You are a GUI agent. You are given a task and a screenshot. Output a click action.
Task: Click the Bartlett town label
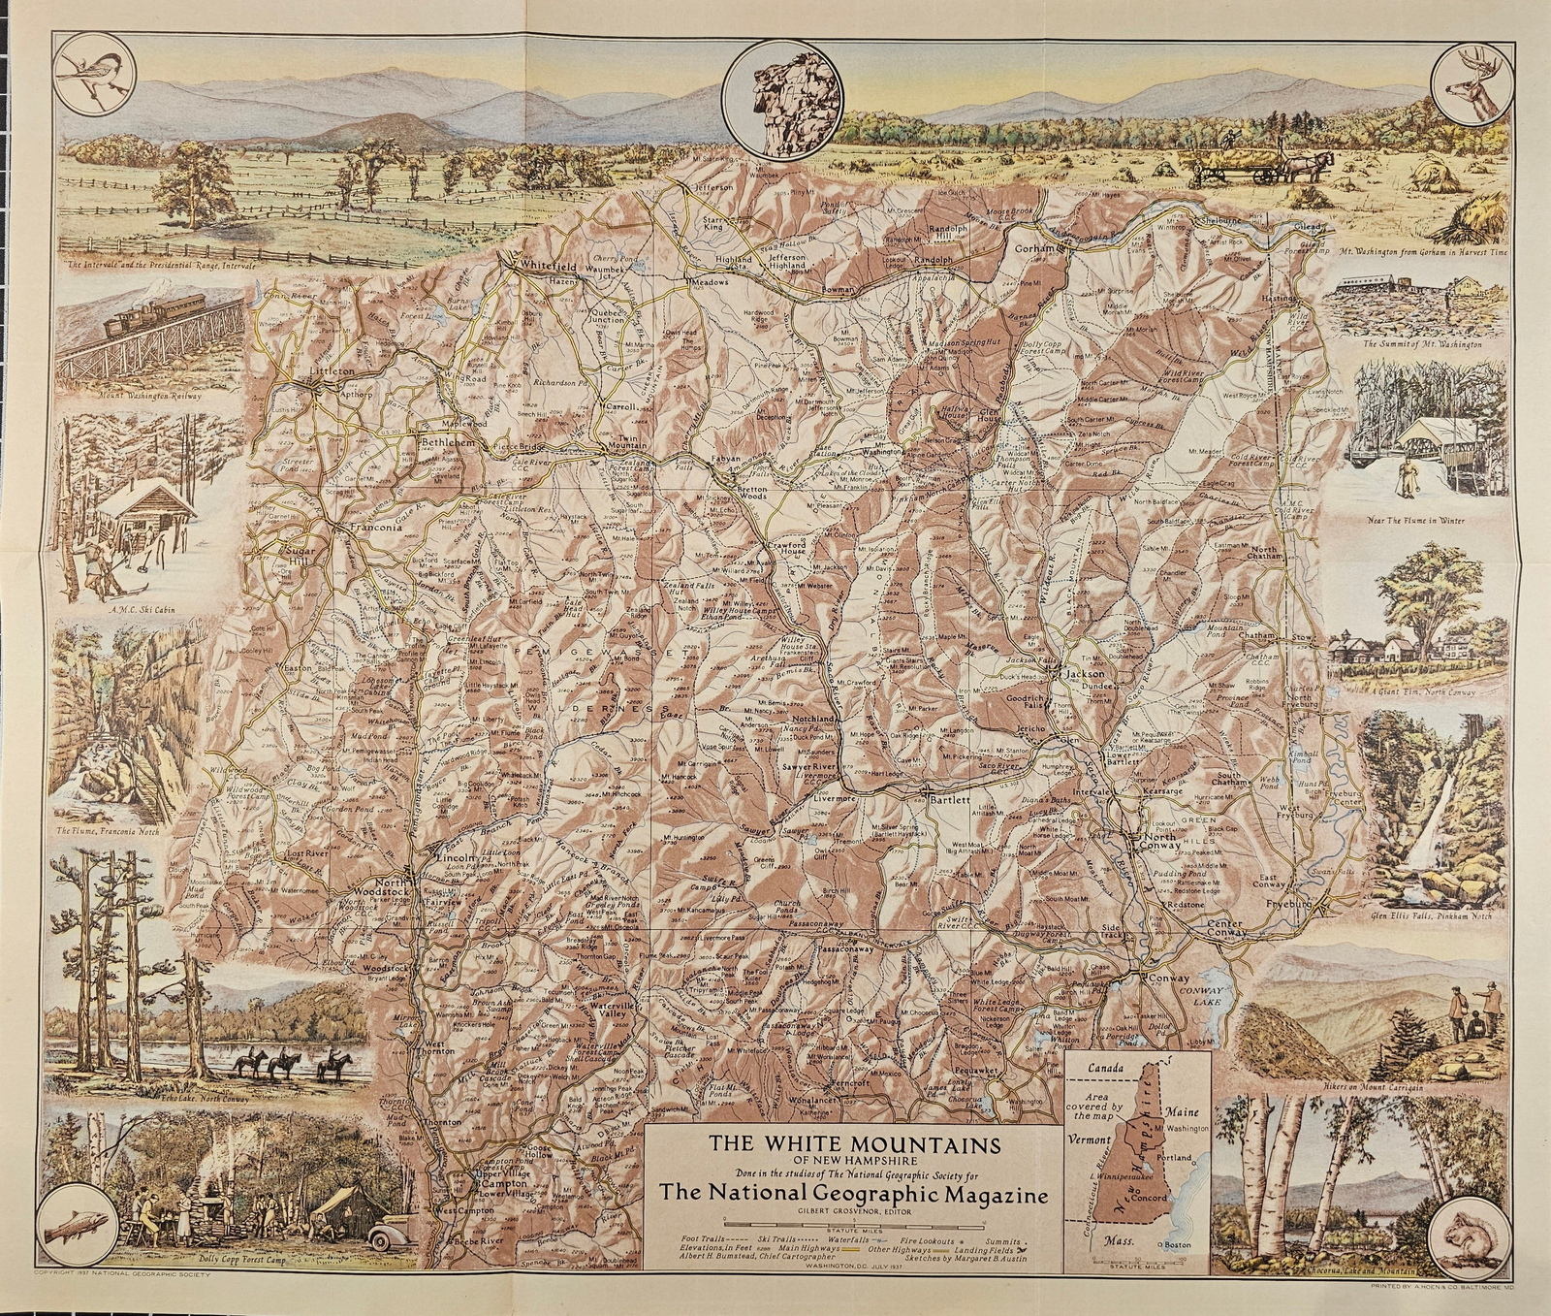coord(948,800)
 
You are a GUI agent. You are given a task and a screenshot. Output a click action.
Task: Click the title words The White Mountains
coord(854,1141)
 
